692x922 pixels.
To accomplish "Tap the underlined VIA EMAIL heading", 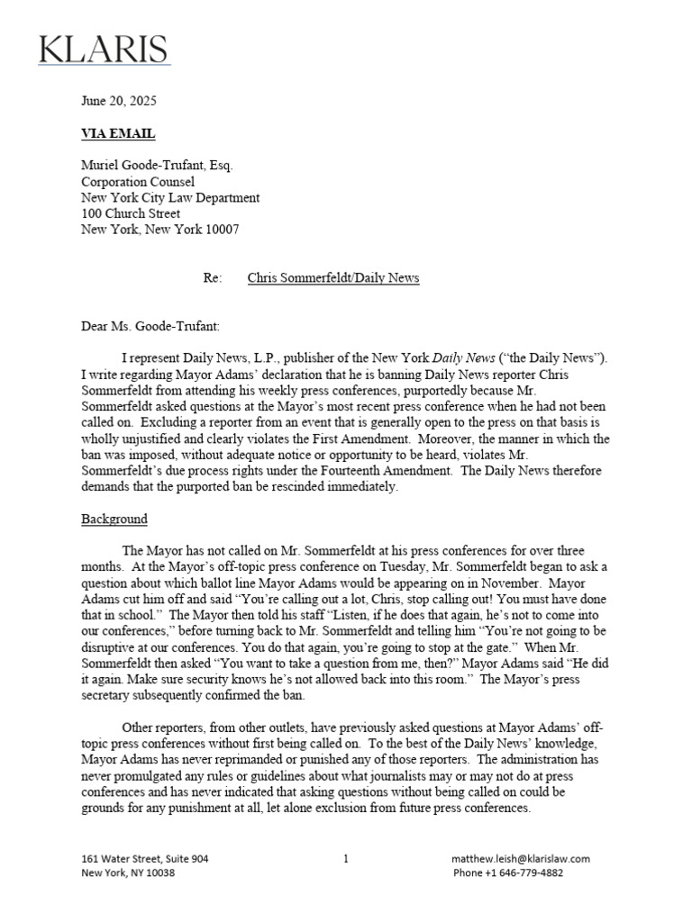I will coord(118,134).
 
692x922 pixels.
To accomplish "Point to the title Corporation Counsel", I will coord(138,182).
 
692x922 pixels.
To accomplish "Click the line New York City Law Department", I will coord(170,198).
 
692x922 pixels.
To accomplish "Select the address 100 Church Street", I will coord(131,213).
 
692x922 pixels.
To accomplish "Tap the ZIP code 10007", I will coord(220,230).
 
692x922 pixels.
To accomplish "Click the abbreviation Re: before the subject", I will coord(213,278).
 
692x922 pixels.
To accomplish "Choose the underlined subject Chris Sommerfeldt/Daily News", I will coord(333,278).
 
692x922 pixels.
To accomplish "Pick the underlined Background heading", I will coord(114,520).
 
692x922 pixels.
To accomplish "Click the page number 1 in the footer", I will coord(346,859).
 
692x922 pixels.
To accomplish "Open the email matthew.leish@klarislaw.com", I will coord(521,859).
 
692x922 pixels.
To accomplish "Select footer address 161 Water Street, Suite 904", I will coord(145,859).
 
